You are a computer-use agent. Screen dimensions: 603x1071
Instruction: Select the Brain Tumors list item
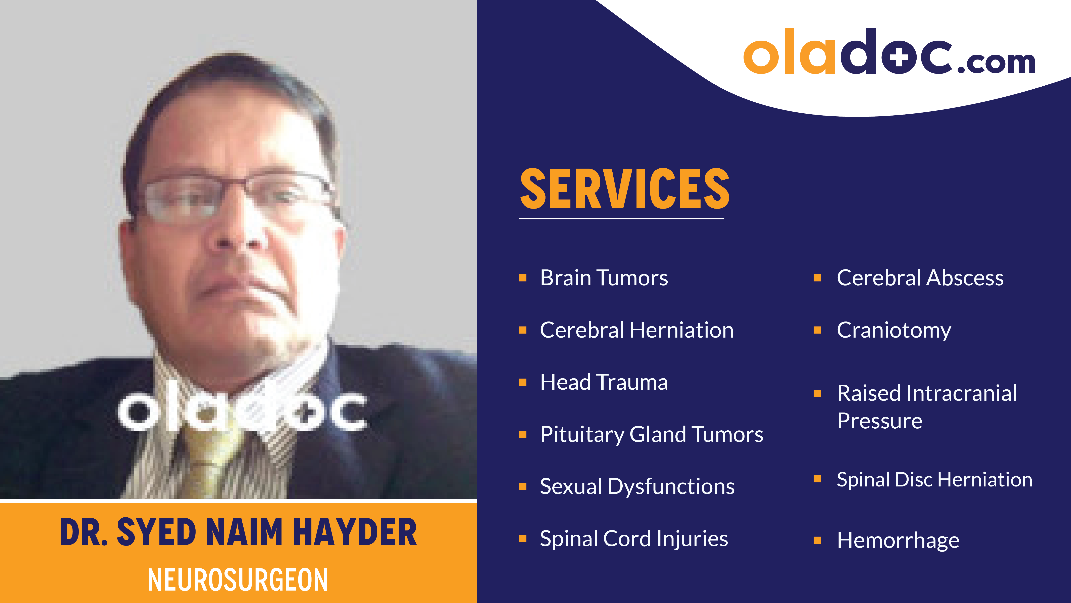(x=604, y=278)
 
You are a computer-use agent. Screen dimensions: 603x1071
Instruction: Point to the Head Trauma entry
(x=604, y=382)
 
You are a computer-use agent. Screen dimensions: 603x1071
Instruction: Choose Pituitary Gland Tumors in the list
(x=652, y=434)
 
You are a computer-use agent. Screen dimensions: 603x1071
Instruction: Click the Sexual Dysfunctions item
(x=637, y=486)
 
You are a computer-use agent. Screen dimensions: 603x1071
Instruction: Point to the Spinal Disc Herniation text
(x=934, y=479)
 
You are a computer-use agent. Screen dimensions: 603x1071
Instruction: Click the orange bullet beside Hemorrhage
(x=817, y=540)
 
